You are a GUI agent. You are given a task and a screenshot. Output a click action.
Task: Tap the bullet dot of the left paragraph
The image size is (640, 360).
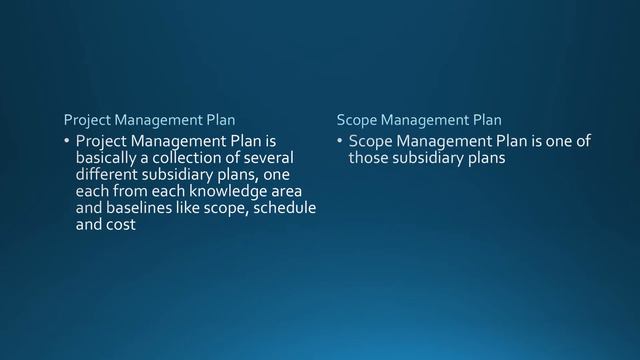pyautogui.click(x=67, y=142)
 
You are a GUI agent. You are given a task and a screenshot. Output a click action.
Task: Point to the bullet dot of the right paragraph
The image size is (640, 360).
pyautogui.click(x=340, y=142)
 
